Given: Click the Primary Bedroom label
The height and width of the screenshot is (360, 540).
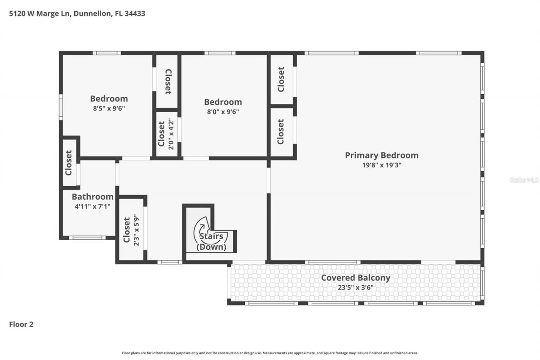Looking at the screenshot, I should (381, 155).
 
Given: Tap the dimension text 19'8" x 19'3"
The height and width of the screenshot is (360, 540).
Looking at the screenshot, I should (381, 165).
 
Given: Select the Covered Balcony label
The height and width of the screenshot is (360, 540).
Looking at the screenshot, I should (355, 278).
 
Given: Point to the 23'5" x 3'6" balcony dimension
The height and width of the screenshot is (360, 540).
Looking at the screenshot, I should (355, 288).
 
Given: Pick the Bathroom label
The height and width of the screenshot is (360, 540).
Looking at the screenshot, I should (92, 197).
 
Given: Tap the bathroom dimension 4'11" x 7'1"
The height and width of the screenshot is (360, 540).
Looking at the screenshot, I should (92, 207).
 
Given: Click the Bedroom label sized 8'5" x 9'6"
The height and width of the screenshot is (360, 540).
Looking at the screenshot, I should (109, 99).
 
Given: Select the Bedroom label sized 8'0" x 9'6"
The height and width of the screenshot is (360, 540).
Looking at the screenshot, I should (223, 102).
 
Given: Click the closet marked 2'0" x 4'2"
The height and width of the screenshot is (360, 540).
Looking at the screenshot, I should (166, 134).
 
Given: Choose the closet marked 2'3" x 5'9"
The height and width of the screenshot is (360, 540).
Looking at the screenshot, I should (131, 230).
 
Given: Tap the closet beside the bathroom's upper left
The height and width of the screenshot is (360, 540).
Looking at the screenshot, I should (69, 162).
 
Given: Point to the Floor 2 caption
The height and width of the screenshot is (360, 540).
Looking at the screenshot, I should (21, 324).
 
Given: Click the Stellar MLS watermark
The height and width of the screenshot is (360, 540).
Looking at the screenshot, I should (524, 180).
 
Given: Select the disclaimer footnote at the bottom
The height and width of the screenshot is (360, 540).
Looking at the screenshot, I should (270, 353).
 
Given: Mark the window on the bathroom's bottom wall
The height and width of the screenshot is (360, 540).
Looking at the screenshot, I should (87, 238).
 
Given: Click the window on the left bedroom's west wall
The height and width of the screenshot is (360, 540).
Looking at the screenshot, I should (61, 107).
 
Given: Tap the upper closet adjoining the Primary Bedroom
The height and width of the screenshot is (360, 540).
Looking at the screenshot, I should (281, 79).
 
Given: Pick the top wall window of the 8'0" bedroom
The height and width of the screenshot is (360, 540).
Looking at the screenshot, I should (220, 53).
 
